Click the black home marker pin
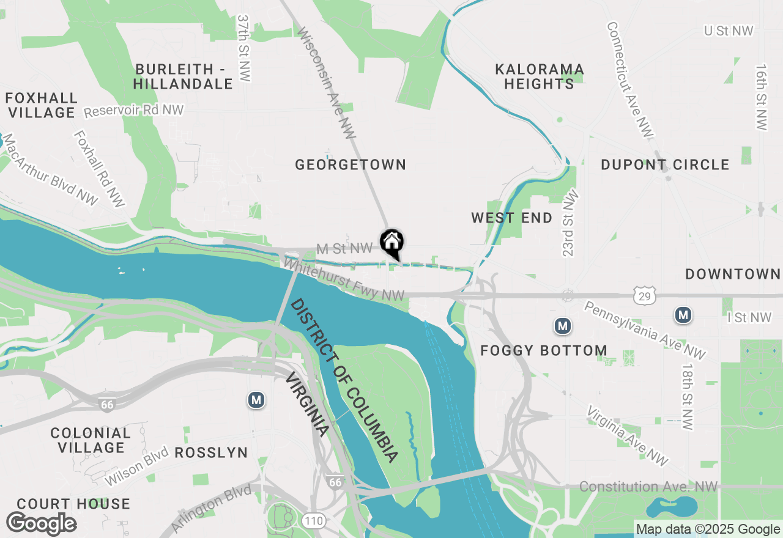(x=392, y=242)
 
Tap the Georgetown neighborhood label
(x=351, y=164)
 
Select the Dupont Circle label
(x=665, y=164)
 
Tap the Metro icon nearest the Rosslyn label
(x=256, y=400)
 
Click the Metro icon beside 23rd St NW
(x=563, y=326)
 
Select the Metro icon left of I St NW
(x=683, y=315)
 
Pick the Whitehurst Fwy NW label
(x=344, y=281)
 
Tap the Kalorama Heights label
(x=540, y=76)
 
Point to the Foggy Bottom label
(x=544, y=350)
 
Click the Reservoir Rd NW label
(x=133, y=111)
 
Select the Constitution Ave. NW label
(x=648, y=487)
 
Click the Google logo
(x=41, y=523)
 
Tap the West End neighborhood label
(x=512, y=218)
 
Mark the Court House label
(x=73, y=504)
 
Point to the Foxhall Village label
(x=41, y=105)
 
